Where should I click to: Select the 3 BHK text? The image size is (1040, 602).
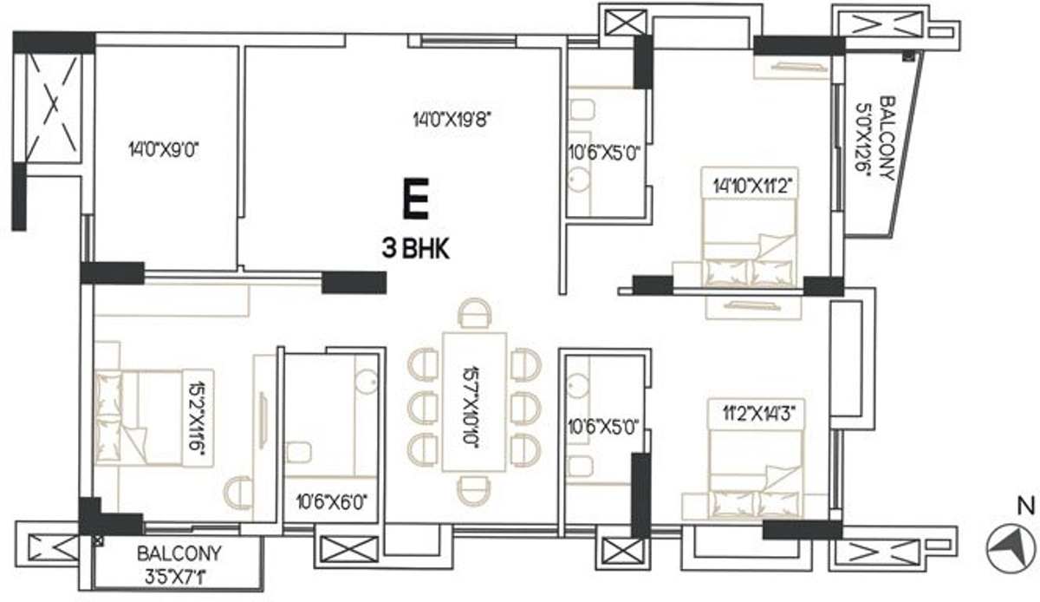415,249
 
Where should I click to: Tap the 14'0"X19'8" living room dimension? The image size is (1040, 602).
452,120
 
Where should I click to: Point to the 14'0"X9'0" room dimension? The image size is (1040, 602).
164,150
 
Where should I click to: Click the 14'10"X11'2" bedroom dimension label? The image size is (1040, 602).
751,186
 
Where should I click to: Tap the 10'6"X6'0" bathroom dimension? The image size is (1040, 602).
332,502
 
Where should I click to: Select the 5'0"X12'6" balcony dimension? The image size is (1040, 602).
863,138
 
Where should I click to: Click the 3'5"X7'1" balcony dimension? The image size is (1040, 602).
175,578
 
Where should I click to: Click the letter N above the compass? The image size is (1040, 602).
1023,507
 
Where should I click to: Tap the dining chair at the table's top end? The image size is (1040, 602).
474,313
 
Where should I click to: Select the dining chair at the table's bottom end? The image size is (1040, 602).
473,491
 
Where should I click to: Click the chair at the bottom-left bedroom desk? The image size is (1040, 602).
238,494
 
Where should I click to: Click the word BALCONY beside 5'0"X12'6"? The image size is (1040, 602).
887,138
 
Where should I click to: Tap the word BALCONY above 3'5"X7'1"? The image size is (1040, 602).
179,553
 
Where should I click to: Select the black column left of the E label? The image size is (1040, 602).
354,283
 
